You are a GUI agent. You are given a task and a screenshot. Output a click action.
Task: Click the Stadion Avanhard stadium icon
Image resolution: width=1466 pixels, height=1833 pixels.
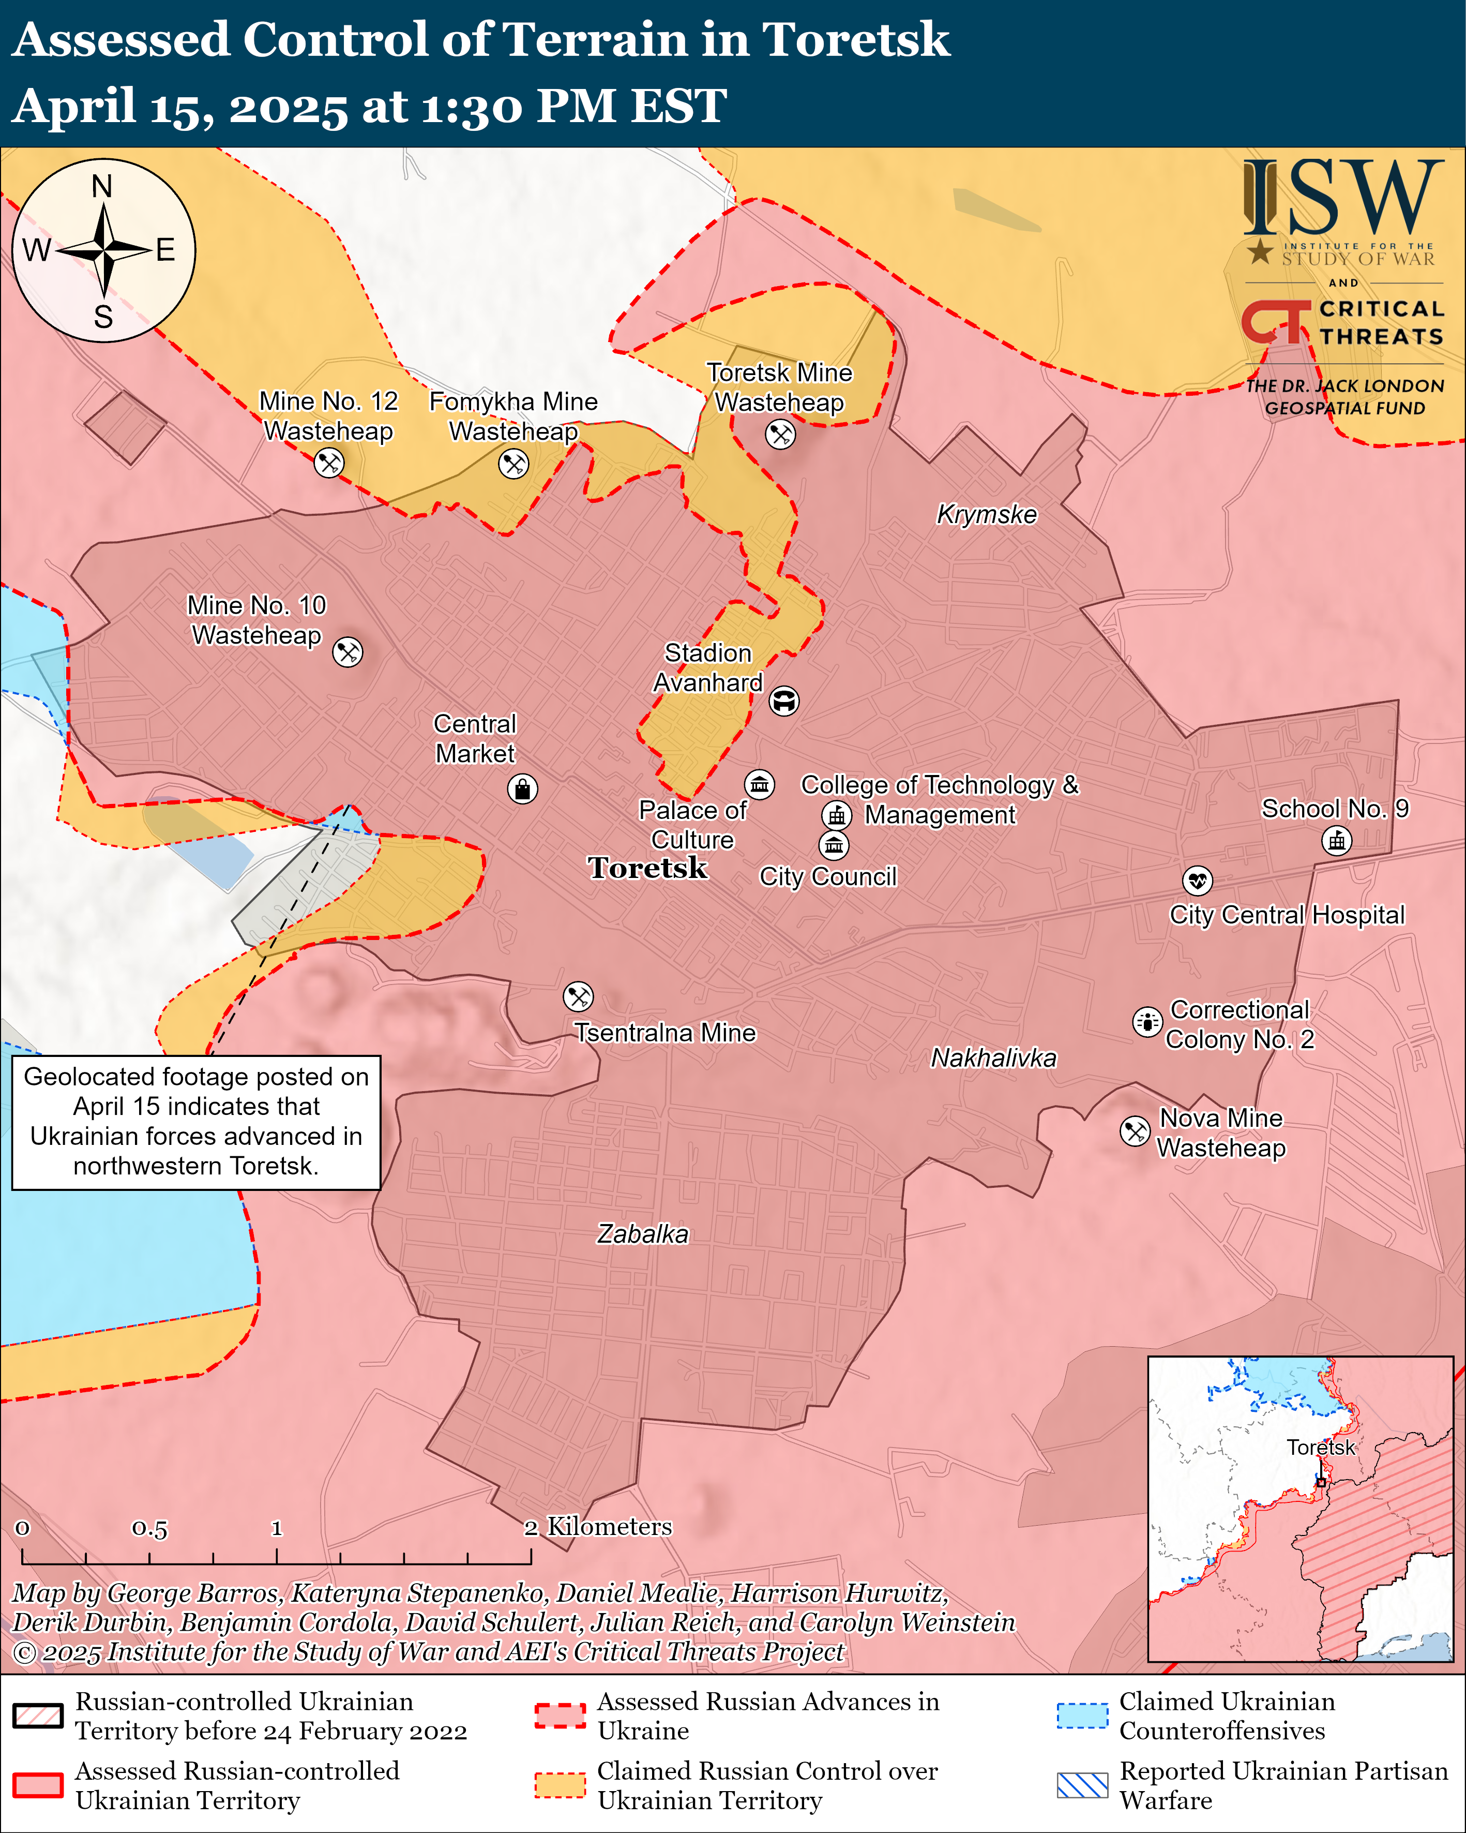tap(783, 702)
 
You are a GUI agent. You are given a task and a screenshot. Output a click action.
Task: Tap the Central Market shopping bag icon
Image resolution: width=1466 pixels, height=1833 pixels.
tap(522, 789)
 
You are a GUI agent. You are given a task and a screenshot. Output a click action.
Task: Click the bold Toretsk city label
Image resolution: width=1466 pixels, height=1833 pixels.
tap(647, 868)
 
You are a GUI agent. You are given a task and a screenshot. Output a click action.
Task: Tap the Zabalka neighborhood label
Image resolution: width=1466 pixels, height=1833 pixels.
tap(642, 1233)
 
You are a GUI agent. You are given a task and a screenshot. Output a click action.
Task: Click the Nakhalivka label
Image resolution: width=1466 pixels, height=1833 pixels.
tap(993, 1057)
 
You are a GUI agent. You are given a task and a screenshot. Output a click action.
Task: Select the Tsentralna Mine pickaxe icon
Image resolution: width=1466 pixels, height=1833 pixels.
tap(578, 996)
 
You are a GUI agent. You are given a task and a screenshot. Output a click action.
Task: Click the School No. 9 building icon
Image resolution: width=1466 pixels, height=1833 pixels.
tap(1337, 841)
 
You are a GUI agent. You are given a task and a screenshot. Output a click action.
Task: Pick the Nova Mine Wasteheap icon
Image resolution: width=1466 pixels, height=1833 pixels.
tap(1135, 1131)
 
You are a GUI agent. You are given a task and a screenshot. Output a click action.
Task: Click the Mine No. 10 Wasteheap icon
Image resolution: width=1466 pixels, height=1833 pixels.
tap(347, 652)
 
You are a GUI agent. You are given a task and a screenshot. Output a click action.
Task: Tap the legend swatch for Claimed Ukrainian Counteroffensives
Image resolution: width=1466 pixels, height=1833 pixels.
tap(1082, 1716)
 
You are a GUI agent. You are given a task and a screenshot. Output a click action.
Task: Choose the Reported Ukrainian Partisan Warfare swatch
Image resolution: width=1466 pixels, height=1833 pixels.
tap(1082, 1785)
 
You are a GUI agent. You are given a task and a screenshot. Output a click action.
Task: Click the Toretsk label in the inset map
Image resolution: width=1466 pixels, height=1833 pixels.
tap(1319, 1447)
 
